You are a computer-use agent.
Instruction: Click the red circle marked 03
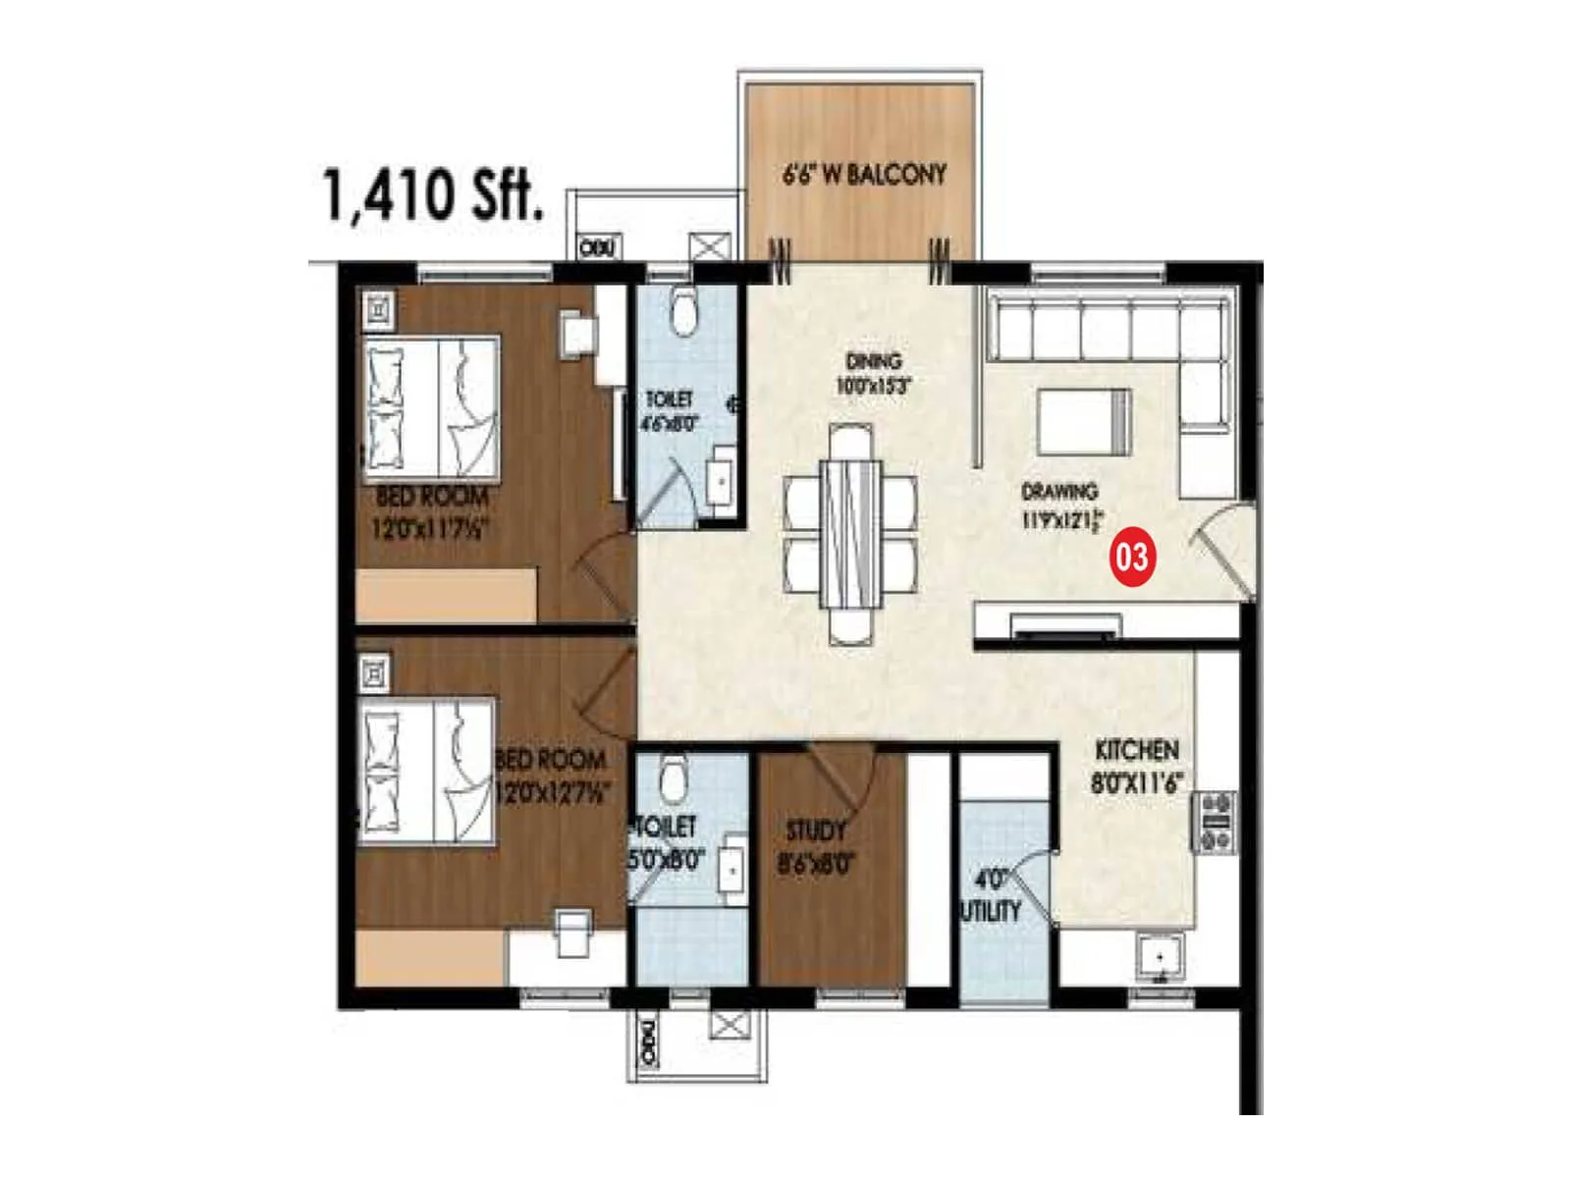pyautogui.click(x=1131, y=558)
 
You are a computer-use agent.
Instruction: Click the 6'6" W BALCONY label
pyautogui.click(x=864, y=175)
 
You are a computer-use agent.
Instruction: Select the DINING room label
pyautogui.click(x=873, y=373)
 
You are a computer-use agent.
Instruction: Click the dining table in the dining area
pyautogui.click(x=850, y=535)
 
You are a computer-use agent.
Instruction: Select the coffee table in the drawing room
pyautogui.click(x=1084, y=420)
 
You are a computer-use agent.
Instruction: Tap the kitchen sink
pyautogui.click(x=1161, y=956)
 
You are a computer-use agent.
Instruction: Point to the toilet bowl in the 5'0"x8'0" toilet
pyautogui.click(x=674, y=777)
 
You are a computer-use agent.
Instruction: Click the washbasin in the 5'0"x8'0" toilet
pyautogui.click(x=731, y=864)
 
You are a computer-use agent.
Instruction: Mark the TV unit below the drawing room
pyautogui.click(x=1066, y=626)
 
